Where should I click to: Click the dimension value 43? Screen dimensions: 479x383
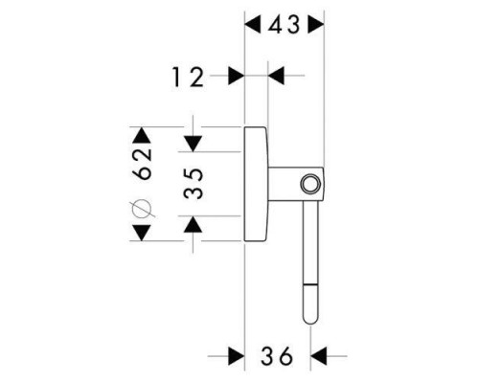[284, 25]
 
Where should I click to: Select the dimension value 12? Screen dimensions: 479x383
[188, 78]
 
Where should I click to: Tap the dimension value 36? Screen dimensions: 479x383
[277, 355]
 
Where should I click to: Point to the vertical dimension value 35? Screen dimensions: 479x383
[194, 184]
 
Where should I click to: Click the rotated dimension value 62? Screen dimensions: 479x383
[142, 164]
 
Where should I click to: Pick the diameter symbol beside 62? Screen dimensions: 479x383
[141, 210]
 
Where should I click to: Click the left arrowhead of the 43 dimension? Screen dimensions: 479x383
[252, 25]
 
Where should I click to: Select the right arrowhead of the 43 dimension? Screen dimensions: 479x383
[316, 25]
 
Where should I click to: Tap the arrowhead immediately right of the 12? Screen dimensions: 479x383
[237, 76]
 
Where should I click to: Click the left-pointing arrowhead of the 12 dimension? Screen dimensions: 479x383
[276, 76]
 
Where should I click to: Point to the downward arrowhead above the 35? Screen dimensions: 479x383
[193, 144]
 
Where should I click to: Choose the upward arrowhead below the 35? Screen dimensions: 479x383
[193, 224]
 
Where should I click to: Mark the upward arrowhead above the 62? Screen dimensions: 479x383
[142, 135]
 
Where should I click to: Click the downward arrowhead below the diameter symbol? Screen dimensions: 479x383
[142, 233]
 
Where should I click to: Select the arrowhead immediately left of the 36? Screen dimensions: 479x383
[237, 355]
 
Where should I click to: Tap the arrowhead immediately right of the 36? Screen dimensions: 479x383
[318, 355]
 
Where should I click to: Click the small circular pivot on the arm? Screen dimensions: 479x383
[310, 184]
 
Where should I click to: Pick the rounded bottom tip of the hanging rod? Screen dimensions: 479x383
[310, 322]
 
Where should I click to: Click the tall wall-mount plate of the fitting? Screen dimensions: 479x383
[256, 184]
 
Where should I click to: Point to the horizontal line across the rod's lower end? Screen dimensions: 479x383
[310, 283]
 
